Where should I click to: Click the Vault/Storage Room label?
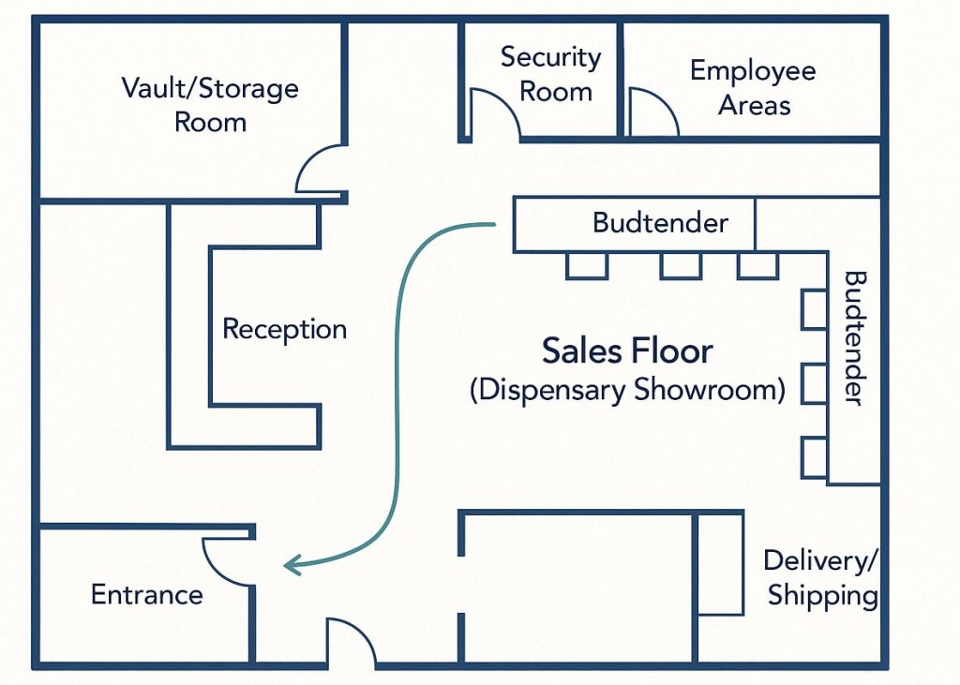click(x=210, y=105)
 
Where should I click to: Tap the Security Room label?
click(x=551, y=74)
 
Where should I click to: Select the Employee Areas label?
click(x=753, y=87)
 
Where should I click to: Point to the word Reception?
click(x=285, y=329)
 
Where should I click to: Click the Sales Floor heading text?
click(x=627, y=350)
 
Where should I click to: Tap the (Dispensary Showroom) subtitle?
click(x=627, y=390)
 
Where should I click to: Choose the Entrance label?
click(x=147, y=594)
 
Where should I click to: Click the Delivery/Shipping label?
click(x=821, y=578)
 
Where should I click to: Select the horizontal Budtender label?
click(x=661, y=222)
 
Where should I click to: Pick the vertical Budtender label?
click(x=855, y=338)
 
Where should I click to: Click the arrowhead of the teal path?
click(x=292, y=565)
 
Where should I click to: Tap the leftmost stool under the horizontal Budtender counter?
click(x=587, y=266)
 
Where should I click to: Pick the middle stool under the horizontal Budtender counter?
click(x=681, y=266)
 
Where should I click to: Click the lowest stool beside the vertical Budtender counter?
click(x=815, y=457)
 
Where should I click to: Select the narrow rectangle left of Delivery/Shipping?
click(x=721, y=564)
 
